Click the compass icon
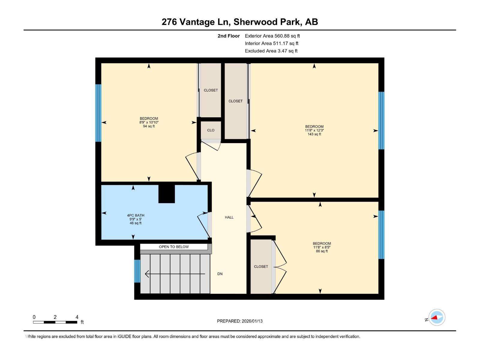(x=436, y=317)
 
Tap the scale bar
(x=55, y=322)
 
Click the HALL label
(x=229, y=217)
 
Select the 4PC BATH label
(x=136, y=215)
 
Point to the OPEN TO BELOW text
(x=174, y=247)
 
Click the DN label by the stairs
(x=220, y=274)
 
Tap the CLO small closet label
(x=211, y=130)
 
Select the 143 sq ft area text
(x=314, y=134)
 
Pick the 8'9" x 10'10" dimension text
(x=149, y=122)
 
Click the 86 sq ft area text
(x=322, y=251)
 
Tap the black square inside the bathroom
(x=166, y=194)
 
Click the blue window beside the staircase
(x=137, y=271)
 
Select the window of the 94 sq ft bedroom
(x=98, y=113)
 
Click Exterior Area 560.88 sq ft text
(x=272, y=36)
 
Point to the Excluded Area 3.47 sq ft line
(x=271, y=51)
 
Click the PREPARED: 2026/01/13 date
(x=240, y=321)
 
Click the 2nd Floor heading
(x=229, y=36)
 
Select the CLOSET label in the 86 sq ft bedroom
(x=261, y=267)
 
